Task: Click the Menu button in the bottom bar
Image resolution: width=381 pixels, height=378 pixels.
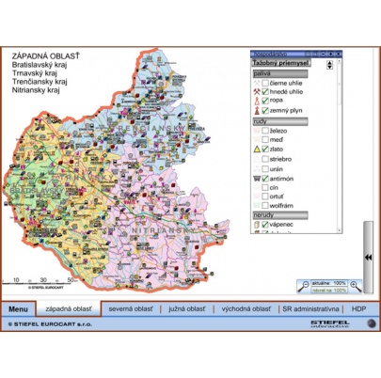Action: tap(18, 308)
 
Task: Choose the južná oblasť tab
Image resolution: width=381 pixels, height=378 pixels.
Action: tap(183, 308)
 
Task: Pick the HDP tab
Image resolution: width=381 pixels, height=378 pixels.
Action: tap(358, 308)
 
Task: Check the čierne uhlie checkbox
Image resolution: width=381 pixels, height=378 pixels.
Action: tap(265, 83)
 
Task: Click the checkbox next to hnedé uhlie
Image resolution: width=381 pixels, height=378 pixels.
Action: tap(265, 92)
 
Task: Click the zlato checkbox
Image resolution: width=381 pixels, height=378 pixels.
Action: tap(265, 149)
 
